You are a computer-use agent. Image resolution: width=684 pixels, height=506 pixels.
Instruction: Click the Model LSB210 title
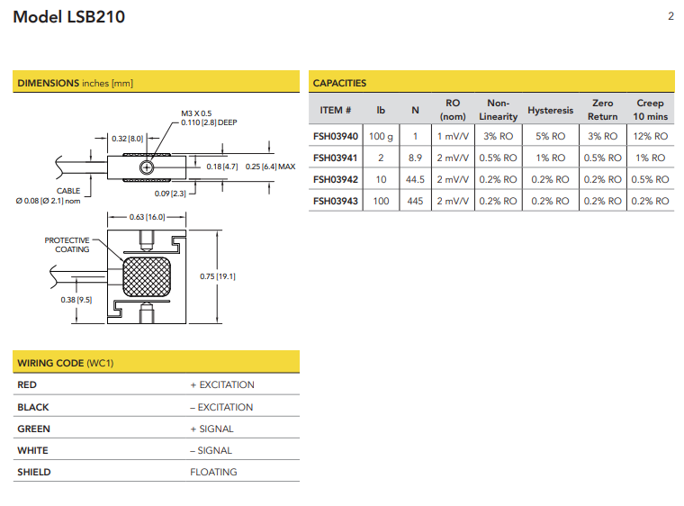(69, 17)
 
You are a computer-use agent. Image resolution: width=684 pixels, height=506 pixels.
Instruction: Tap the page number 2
(670, 16)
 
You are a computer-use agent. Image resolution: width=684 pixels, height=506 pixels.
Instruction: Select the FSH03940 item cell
(336, 136)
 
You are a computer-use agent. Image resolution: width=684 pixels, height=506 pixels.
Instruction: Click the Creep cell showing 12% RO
(651, 136)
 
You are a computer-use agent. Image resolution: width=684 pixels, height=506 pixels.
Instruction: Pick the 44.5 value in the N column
(415, 179)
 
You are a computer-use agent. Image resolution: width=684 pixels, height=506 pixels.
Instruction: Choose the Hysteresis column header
(551, 110)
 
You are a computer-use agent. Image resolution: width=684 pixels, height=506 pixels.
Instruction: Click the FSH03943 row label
(336, 202)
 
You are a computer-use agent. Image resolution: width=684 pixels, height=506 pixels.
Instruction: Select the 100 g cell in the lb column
(381, 136)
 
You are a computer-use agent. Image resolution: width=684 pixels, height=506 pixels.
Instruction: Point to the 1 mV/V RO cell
(453, 136)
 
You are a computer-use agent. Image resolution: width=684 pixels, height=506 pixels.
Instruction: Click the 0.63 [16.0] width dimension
(147, 217)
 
